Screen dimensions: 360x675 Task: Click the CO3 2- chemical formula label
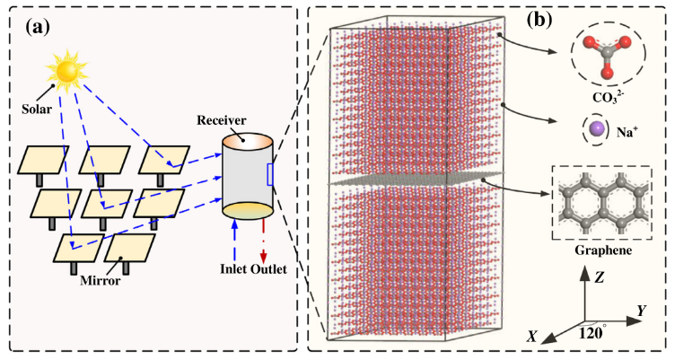[609, 94]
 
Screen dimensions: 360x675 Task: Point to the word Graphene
[608, 254]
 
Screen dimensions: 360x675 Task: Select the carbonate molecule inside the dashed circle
[610, 56]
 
